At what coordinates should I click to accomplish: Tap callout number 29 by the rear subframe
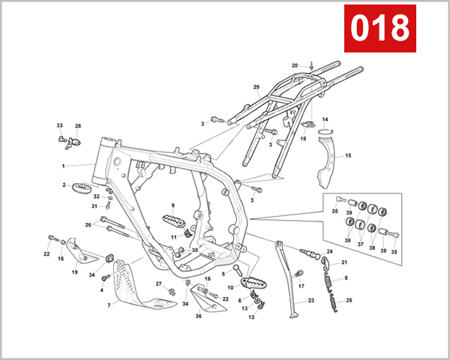click(x=256, y=88)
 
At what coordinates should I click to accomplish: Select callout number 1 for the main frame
click(x=63, y=166)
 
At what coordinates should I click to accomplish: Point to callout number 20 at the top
click(x=295, y=65)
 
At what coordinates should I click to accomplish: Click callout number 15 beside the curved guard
click(x=347, y=156)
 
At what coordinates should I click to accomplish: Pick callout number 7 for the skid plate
click(x=108, y=305)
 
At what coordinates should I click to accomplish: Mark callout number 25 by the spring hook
click(x=349, y=300)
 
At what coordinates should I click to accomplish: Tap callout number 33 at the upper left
click(x=59, y=125)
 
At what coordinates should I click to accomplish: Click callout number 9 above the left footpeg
click(x=172, y=205)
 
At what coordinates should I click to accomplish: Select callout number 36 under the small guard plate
click(x=199, y=316)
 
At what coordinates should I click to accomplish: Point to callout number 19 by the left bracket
click(x=74, y=272)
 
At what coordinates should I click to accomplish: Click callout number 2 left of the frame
click(x=64, y=184)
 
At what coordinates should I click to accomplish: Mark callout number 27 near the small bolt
click(x=158, y=283)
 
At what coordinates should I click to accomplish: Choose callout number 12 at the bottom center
click(x=252, y=316)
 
